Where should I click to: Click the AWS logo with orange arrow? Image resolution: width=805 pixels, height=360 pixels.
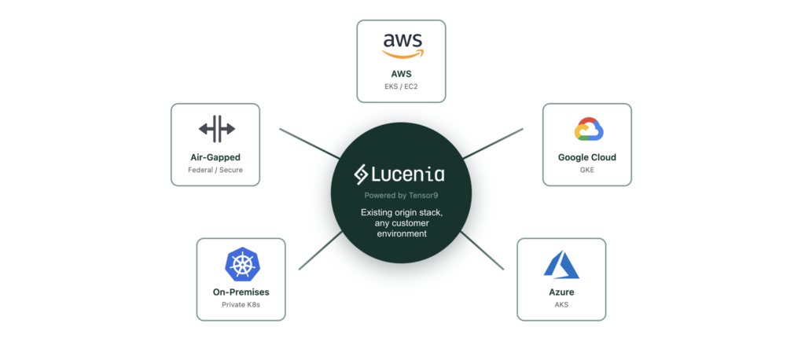click(x=402, y=46)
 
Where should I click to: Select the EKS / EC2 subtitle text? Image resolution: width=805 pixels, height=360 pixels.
click(x=402, y=86)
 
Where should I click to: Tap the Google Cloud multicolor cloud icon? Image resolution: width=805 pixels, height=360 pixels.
click(x=586, y=129)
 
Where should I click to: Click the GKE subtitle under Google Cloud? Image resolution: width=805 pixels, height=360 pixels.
click(x=586, y=170)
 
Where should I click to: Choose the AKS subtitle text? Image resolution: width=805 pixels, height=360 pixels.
click(x=561, y=305)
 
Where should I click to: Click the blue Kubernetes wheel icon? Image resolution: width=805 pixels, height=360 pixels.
click(x=241, y=264)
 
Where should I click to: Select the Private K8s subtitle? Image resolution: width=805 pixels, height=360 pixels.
click(x=241, y=305)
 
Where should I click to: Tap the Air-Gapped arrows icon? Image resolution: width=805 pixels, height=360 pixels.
click(x=216, y=128)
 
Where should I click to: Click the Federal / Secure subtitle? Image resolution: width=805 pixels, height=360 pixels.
click(x=216, y=170)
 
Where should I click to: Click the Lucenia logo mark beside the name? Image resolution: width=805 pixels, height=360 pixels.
click(x=362, y=174)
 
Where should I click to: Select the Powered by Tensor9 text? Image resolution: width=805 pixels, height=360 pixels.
click(x=402, y=195)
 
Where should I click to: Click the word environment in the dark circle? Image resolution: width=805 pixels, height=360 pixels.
click(x=402, y=234)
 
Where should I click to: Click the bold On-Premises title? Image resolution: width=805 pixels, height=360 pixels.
click(x=241, y=292)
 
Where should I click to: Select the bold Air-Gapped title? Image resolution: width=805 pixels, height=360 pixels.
click(x=216, y=157)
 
